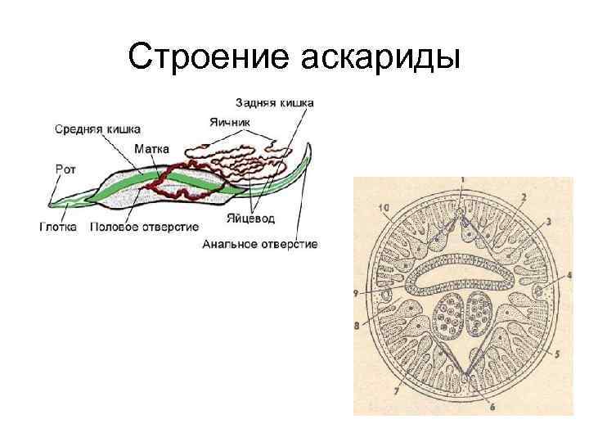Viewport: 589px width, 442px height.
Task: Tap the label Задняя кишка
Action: [274, 103]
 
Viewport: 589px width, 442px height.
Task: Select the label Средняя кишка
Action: [97, 129]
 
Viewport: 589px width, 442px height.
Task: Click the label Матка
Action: [151, 150]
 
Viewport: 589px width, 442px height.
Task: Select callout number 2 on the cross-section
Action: [523, 197]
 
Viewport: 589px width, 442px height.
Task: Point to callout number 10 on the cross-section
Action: [384, 209]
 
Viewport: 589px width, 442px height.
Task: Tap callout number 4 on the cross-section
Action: [569, 275]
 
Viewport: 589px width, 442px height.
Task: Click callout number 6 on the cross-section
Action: [491, 406]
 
